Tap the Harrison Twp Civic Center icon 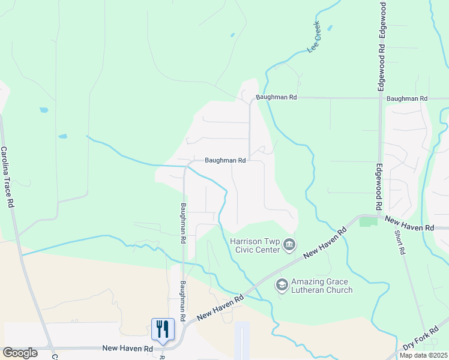[x=290, y=244]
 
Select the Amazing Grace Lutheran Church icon [x=281, y=285]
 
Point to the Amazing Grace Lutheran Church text [x=321, y=286]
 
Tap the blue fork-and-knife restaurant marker [x=163, y=329]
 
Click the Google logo [x=20, y=353]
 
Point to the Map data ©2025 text [x=423, y=355]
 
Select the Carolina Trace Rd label [x=7, y=177]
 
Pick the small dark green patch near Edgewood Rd [x=368, y=222]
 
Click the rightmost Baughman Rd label [x=407, y=98]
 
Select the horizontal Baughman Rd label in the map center [x=225, y=161]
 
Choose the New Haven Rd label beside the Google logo [x=127, y=348]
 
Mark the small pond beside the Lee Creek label [x=329, y=28]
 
